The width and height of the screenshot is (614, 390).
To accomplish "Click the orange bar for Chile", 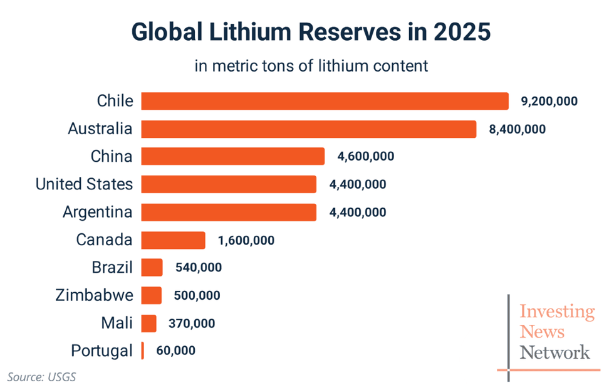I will [x=325, y=101].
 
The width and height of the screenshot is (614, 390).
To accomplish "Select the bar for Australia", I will [x=308, y=129].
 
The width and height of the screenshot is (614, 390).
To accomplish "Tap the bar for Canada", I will [x=173, y=240].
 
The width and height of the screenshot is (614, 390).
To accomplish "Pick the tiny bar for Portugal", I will [x=143, y=350].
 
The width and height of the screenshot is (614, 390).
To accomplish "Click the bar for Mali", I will [x=149, y=324].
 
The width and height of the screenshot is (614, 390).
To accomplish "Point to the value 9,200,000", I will [x=549, y=101].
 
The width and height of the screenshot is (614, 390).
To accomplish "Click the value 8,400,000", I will [x=517, y=129].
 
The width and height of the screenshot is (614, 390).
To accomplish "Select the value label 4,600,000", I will [x=365, y=156].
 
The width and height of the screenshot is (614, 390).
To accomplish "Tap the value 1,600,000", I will [x=246, y=240].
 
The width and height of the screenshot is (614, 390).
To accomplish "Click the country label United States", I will [x=84, y=184].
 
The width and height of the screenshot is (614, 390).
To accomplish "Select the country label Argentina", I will [x=98, y=212].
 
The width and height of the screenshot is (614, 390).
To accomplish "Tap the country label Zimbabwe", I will [x=94, y=295].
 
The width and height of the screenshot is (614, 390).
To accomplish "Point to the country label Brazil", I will [x=112, y=268].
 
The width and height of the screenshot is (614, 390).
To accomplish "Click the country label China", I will [x=111, y=156].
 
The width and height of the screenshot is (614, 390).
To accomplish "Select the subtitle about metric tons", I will [x=311, y=66].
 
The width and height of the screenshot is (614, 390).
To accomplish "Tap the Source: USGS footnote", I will [x=41, y=377].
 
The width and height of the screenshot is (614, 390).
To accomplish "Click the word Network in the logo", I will [x=554, y=352].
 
